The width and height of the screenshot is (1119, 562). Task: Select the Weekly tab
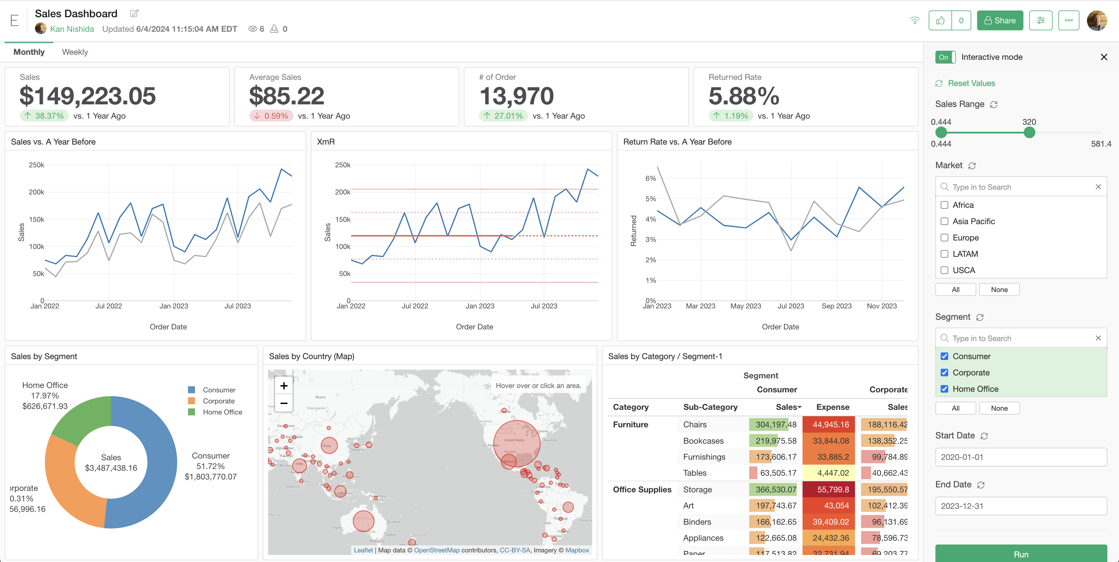75,52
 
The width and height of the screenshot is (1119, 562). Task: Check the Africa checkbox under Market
944,205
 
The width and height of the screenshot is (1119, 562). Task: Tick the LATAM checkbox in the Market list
944,254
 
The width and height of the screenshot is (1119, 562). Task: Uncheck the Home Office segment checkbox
944,389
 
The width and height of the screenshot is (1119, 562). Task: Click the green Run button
1021,554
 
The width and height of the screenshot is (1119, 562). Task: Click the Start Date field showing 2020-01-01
1021,457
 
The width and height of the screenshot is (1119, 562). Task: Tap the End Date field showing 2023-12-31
1021,506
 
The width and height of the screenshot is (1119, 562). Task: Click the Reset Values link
971,83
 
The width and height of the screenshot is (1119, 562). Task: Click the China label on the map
327,445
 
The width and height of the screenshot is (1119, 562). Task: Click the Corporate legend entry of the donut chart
219,401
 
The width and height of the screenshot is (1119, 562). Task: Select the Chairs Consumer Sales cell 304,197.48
775,425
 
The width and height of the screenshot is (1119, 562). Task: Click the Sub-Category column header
710,407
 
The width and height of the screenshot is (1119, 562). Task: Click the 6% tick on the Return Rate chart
650,178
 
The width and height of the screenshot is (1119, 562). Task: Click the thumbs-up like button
940,20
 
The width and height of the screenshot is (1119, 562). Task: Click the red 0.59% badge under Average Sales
271,116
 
